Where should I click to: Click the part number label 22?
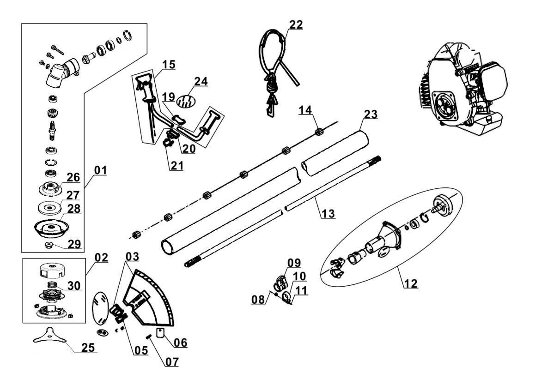296,24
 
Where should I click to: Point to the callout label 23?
371,114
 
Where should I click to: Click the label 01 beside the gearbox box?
100,171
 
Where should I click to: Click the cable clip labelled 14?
318,133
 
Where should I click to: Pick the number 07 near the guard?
171,361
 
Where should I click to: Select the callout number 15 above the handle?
169,65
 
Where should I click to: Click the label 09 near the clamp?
294,263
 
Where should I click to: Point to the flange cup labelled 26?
49,189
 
